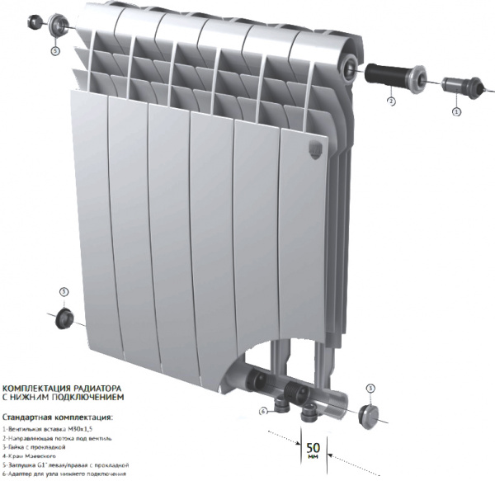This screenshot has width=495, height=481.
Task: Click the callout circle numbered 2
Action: pyautogui.click(x=391, y=101)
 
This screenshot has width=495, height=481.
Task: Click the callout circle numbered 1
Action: pyautogui.click(x=455, y=109)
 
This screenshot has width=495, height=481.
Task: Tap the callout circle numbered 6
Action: pyautogui.click(x=262, y=410)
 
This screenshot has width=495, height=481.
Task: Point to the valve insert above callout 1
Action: pyautogui.click(x=456, y=85)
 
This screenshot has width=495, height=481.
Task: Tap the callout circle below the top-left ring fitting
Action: pyautogui.click(x=55, y=50)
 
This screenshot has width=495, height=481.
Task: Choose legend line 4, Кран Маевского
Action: pyautogui.click(x=34, y=455)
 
